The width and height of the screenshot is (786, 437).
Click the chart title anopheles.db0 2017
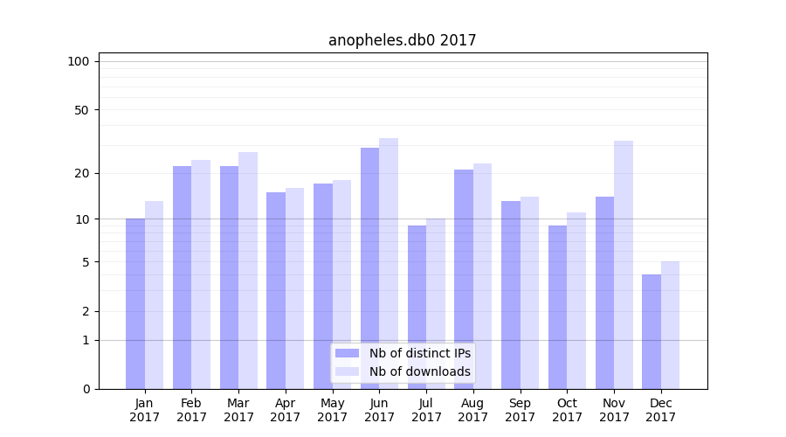tap(403, 40)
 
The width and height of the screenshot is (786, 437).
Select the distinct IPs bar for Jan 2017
tap(135, 303)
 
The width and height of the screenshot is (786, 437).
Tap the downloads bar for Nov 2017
tap(624, 265)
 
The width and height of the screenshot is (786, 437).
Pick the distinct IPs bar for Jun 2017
tap(370, 268)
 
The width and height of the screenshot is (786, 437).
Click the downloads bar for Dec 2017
tap(670, 325)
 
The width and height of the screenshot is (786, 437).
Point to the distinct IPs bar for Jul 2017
tap(417, 307)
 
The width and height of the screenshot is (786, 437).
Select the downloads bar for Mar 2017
tap(248, 270)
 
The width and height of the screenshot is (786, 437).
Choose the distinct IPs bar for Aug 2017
tap(464, 279)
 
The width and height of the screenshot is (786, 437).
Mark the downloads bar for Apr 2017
tap(294, 288)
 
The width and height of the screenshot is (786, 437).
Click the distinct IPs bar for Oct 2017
tap(558, 307)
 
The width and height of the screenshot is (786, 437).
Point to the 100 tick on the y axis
tap(79, 61)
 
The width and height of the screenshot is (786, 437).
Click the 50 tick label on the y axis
tap(82, 110)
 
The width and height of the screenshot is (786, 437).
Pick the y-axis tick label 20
tap(82, 173)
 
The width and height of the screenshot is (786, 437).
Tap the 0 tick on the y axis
tap(86, 389)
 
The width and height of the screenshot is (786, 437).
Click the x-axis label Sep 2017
tap(520, 410)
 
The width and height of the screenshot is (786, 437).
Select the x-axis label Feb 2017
tap(191, 410)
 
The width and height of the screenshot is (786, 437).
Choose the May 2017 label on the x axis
tap(332, 410)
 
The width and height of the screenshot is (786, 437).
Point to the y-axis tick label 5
tap(86, 262)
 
